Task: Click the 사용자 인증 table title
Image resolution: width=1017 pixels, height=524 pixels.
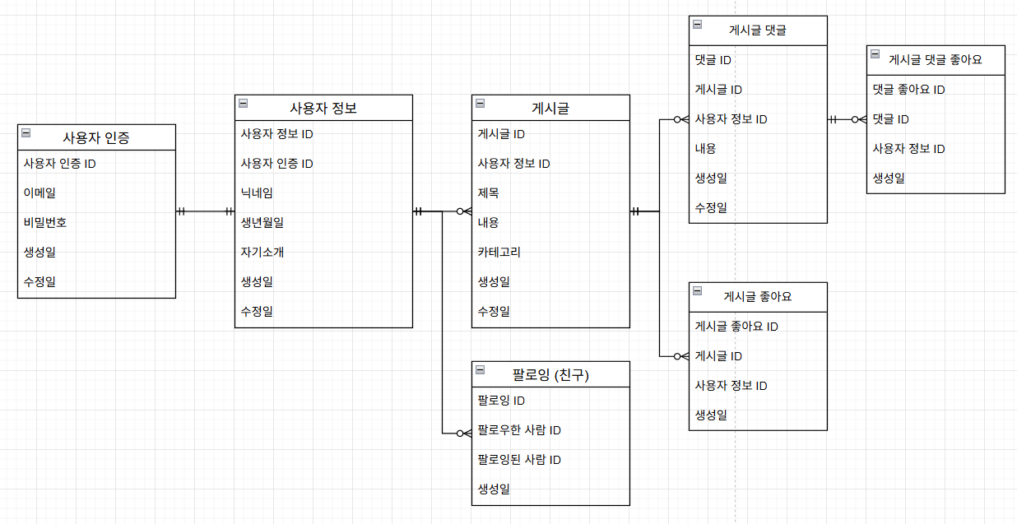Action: pos(96,137)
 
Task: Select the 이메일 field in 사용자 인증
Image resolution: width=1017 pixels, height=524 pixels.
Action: pos(40,193)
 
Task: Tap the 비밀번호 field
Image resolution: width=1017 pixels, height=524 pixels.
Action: pos(45,223)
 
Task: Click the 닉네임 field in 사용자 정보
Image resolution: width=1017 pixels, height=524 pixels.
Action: pos(257,193)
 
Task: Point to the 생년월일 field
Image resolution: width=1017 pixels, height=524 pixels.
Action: pos(262,223)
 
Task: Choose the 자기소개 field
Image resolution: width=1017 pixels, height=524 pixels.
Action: pos(262,253)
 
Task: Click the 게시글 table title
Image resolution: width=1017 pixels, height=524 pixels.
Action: pos(550,108)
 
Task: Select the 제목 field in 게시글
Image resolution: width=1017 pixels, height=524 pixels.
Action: pos(488,193)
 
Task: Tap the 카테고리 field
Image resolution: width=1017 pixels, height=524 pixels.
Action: pos(499,253)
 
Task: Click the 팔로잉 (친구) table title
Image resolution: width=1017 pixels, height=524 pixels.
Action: pos(550,375)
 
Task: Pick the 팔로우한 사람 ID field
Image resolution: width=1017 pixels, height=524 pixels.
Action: pos(519,430)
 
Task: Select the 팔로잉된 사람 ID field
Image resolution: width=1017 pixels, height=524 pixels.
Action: pos(519,460)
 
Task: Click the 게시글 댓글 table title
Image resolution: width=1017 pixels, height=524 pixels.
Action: pos(758,30)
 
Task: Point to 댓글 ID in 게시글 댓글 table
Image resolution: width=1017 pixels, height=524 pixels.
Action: pos(713,60)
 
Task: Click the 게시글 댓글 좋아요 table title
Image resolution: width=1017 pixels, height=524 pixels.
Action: pos(936,60)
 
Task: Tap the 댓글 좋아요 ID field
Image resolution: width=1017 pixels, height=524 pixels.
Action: pos(908,90)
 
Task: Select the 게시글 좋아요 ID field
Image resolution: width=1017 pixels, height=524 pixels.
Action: pos(736,327)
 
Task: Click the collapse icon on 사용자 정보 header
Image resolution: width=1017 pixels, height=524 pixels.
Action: pos(244,103)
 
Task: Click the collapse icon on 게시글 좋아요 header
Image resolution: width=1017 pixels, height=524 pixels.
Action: pos(698,290)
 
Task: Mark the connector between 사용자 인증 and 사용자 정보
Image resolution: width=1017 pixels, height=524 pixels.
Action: pos(205,211)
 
